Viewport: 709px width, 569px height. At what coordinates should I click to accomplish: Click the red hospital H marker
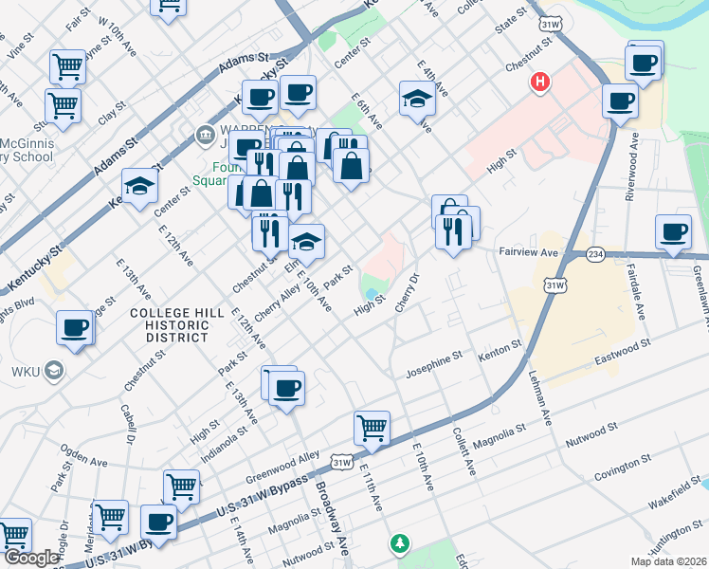point(539,83)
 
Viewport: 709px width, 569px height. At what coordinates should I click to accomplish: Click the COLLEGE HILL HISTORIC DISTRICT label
point(170,324)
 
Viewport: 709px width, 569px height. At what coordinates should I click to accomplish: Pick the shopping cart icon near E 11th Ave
point(373,428)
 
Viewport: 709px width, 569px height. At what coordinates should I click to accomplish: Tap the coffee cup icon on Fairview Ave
point(674,232)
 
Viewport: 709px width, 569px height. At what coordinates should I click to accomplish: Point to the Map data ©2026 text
point(668,561)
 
